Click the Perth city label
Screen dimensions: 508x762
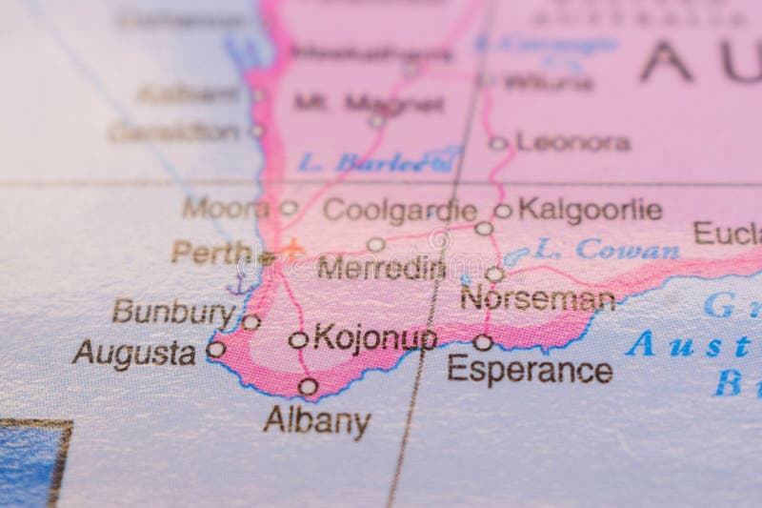[x=211, y=252]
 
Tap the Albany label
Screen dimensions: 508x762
[x=316, y=420]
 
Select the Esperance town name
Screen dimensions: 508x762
[x=530, y=370]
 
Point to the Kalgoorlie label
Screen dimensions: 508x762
[x=590, y=210]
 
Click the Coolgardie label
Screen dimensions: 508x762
[x=399, y=210]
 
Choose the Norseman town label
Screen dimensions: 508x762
[x=537, y=299]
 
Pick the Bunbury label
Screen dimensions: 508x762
[x=172, y=311]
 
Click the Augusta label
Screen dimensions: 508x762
[x=133, y=353]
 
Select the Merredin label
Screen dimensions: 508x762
[x=381, y=268]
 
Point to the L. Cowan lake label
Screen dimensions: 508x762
[x=606, y=250]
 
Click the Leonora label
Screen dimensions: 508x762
[x=573, y=143]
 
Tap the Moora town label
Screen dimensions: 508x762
[x=226, y=207]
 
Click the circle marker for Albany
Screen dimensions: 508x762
[x=308, y=387]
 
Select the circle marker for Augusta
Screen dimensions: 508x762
[x=216, y=350]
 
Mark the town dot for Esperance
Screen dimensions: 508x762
[x=483, y=342]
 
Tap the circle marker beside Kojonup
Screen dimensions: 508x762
[x=298, y=339]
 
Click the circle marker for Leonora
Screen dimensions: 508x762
[x=498, y=144]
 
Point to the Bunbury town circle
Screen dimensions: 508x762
[x=251, y=322]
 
